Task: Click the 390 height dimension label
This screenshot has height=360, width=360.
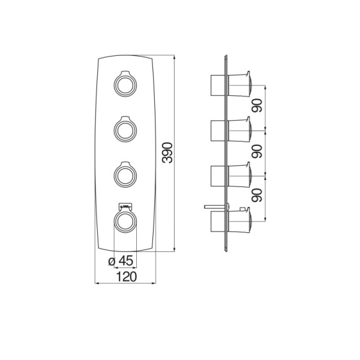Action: click(167, 153)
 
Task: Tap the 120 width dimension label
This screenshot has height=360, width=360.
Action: click(127, 277)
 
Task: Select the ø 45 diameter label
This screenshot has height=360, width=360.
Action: click(121, 261)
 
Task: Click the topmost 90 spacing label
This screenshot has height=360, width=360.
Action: click(256, 106)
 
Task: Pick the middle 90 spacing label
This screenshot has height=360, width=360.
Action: click(256, 151)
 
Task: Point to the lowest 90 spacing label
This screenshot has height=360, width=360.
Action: click(256, 195)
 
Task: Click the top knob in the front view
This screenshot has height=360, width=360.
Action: click(125, 83)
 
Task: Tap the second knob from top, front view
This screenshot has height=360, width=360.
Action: click(125, 129)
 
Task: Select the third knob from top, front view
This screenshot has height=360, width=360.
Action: click(125, 175)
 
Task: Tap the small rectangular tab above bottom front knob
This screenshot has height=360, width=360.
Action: click(125, 206)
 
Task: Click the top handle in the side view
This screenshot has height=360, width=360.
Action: click(239, 84)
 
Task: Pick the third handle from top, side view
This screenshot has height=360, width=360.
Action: click(239, 175)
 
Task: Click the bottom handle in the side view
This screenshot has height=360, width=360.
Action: click(239, 220)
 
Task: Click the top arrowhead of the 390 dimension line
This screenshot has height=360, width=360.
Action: click(175, 58)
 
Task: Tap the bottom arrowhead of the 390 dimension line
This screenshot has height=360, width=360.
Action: click(175, 250)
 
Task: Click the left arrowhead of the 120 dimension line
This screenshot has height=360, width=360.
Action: click(97, 283)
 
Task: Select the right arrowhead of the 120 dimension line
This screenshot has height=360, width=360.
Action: click(154, 283)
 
